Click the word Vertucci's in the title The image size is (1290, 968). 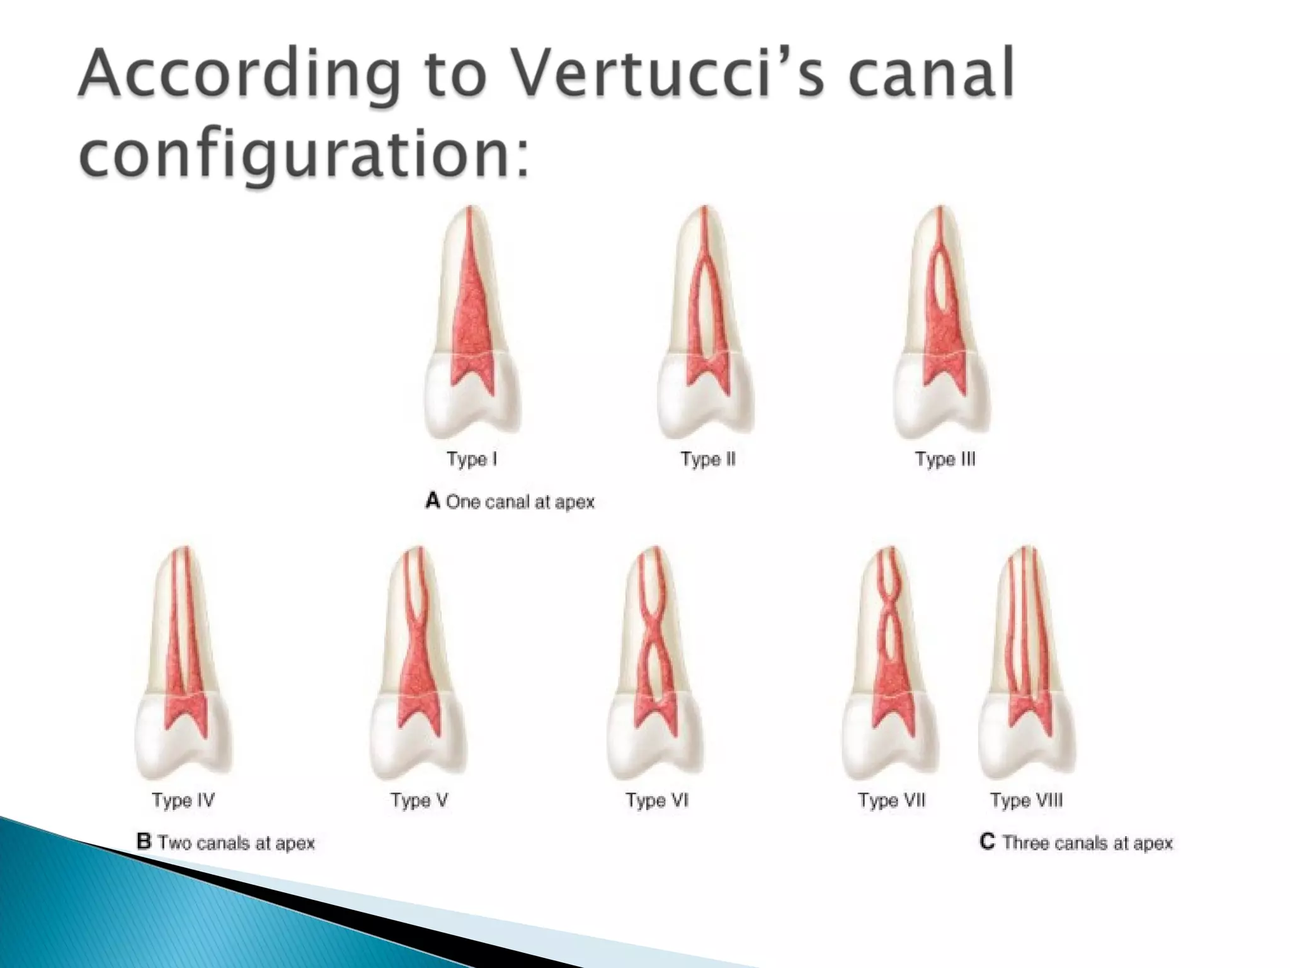[668, 74]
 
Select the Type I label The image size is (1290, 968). [472, 459]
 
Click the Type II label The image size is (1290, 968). [708, 459]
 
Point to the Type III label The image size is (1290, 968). [945, 459]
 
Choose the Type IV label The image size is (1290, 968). [183, 800]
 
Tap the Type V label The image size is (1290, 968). [420, 800]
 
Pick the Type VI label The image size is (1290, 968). [657, 800]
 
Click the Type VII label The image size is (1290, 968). [891, 800]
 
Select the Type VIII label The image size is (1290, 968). [1026, 800]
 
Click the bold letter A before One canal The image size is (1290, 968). [432, 501]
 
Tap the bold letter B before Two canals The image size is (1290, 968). [144, 842]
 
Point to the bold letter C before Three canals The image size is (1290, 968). [987, 842]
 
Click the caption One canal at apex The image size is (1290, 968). [520, 502]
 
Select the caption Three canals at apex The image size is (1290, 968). [1087, 843]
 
